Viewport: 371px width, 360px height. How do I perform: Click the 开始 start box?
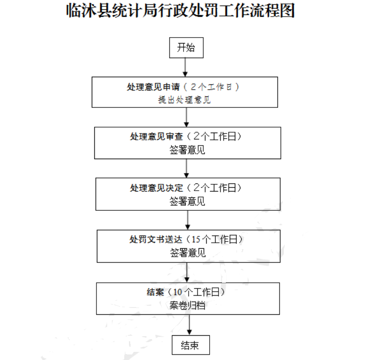186,47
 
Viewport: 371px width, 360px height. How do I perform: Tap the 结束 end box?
191,345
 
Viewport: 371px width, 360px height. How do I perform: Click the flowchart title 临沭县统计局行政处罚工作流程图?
180,10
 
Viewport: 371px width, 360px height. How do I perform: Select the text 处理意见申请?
153,87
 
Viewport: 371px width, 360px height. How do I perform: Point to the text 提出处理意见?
184,100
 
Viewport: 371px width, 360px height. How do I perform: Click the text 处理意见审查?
156,136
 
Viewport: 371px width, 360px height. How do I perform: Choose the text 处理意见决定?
156,188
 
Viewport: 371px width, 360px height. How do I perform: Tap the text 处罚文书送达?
156,239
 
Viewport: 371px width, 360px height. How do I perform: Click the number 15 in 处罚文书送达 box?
196,239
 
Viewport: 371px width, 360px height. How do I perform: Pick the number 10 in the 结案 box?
178,292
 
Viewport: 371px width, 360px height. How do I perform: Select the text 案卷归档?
187,305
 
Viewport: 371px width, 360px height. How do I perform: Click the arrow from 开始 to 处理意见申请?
185,67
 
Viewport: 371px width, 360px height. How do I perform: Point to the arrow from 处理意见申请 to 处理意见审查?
187,117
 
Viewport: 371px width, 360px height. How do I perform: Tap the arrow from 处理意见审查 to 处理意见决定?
187,168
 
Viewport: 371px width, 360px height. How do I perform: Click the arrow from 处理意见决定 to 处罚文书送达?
187,220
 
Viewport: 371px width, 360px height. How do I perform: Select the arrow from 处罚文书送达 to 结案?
187,273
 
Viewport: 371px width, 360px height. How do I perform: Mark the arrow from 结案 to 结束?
189,325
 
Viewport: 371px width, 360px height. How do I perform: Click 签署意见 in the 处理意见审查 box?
187,150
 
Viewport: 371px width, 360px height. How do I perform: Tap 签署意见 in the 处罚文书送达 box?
188,253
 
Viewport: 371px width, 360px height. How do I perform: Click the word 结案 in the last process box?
155,292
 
